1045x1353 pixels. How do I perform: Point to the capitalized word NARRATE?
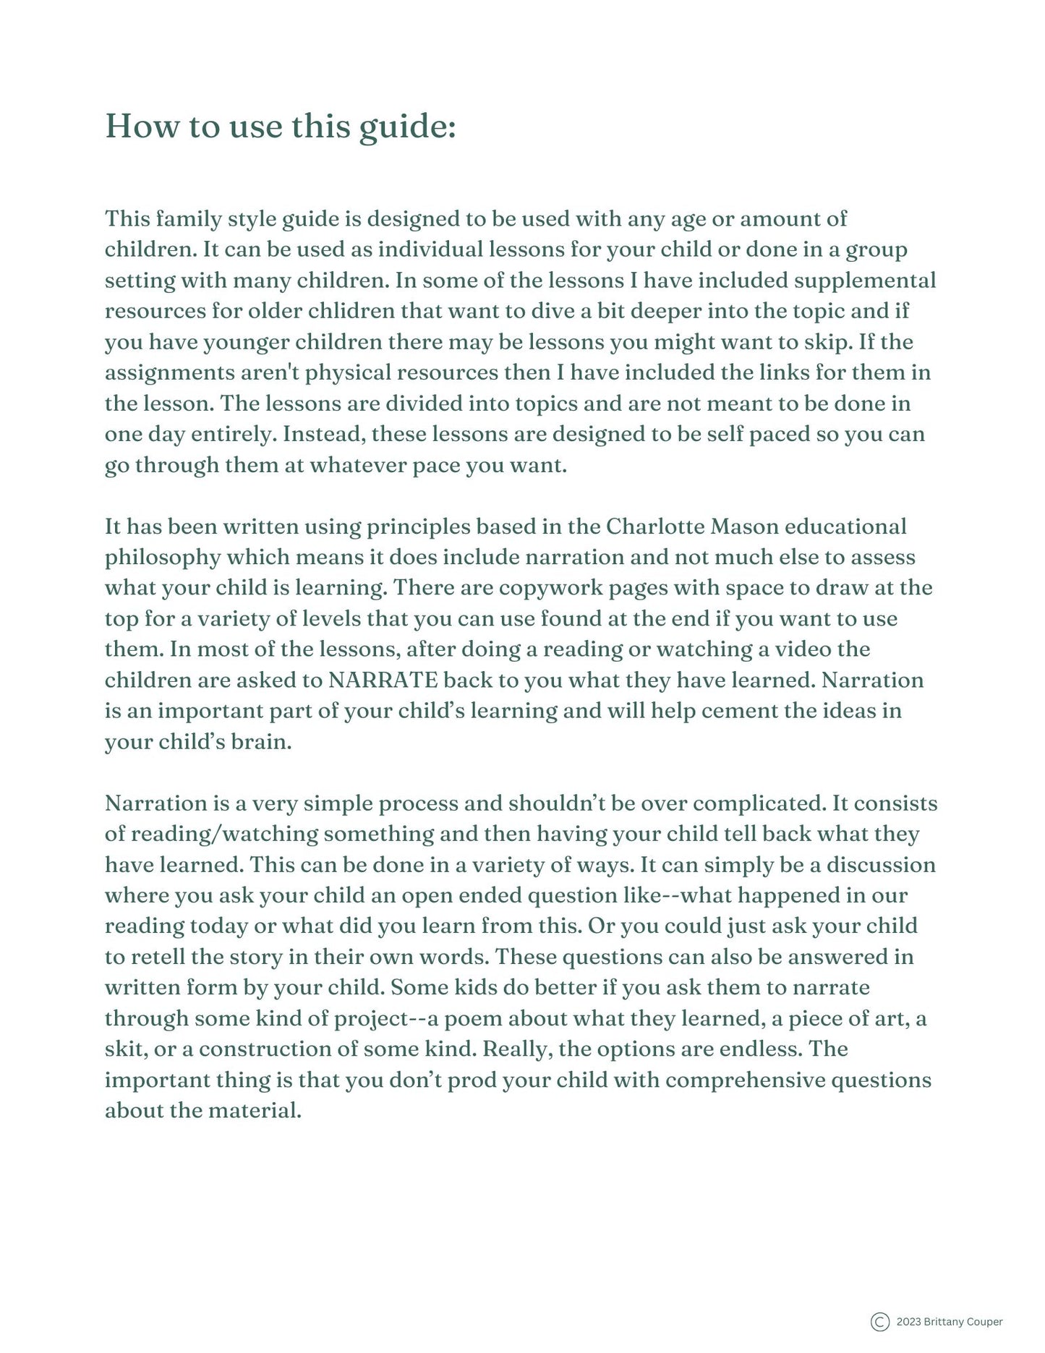coord(383,680)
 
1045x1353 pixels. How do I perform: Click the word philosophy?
coord(163,558)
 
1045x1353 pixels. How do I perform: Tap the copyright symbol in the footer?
coord(879,1322)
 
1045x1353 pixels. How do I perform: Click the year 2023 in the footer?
coord(908,1322)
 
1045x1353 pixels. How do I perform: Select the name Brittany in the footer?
coord(944,1322)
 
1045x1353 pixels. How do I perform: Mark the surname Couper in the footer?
coord(985,1322)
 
